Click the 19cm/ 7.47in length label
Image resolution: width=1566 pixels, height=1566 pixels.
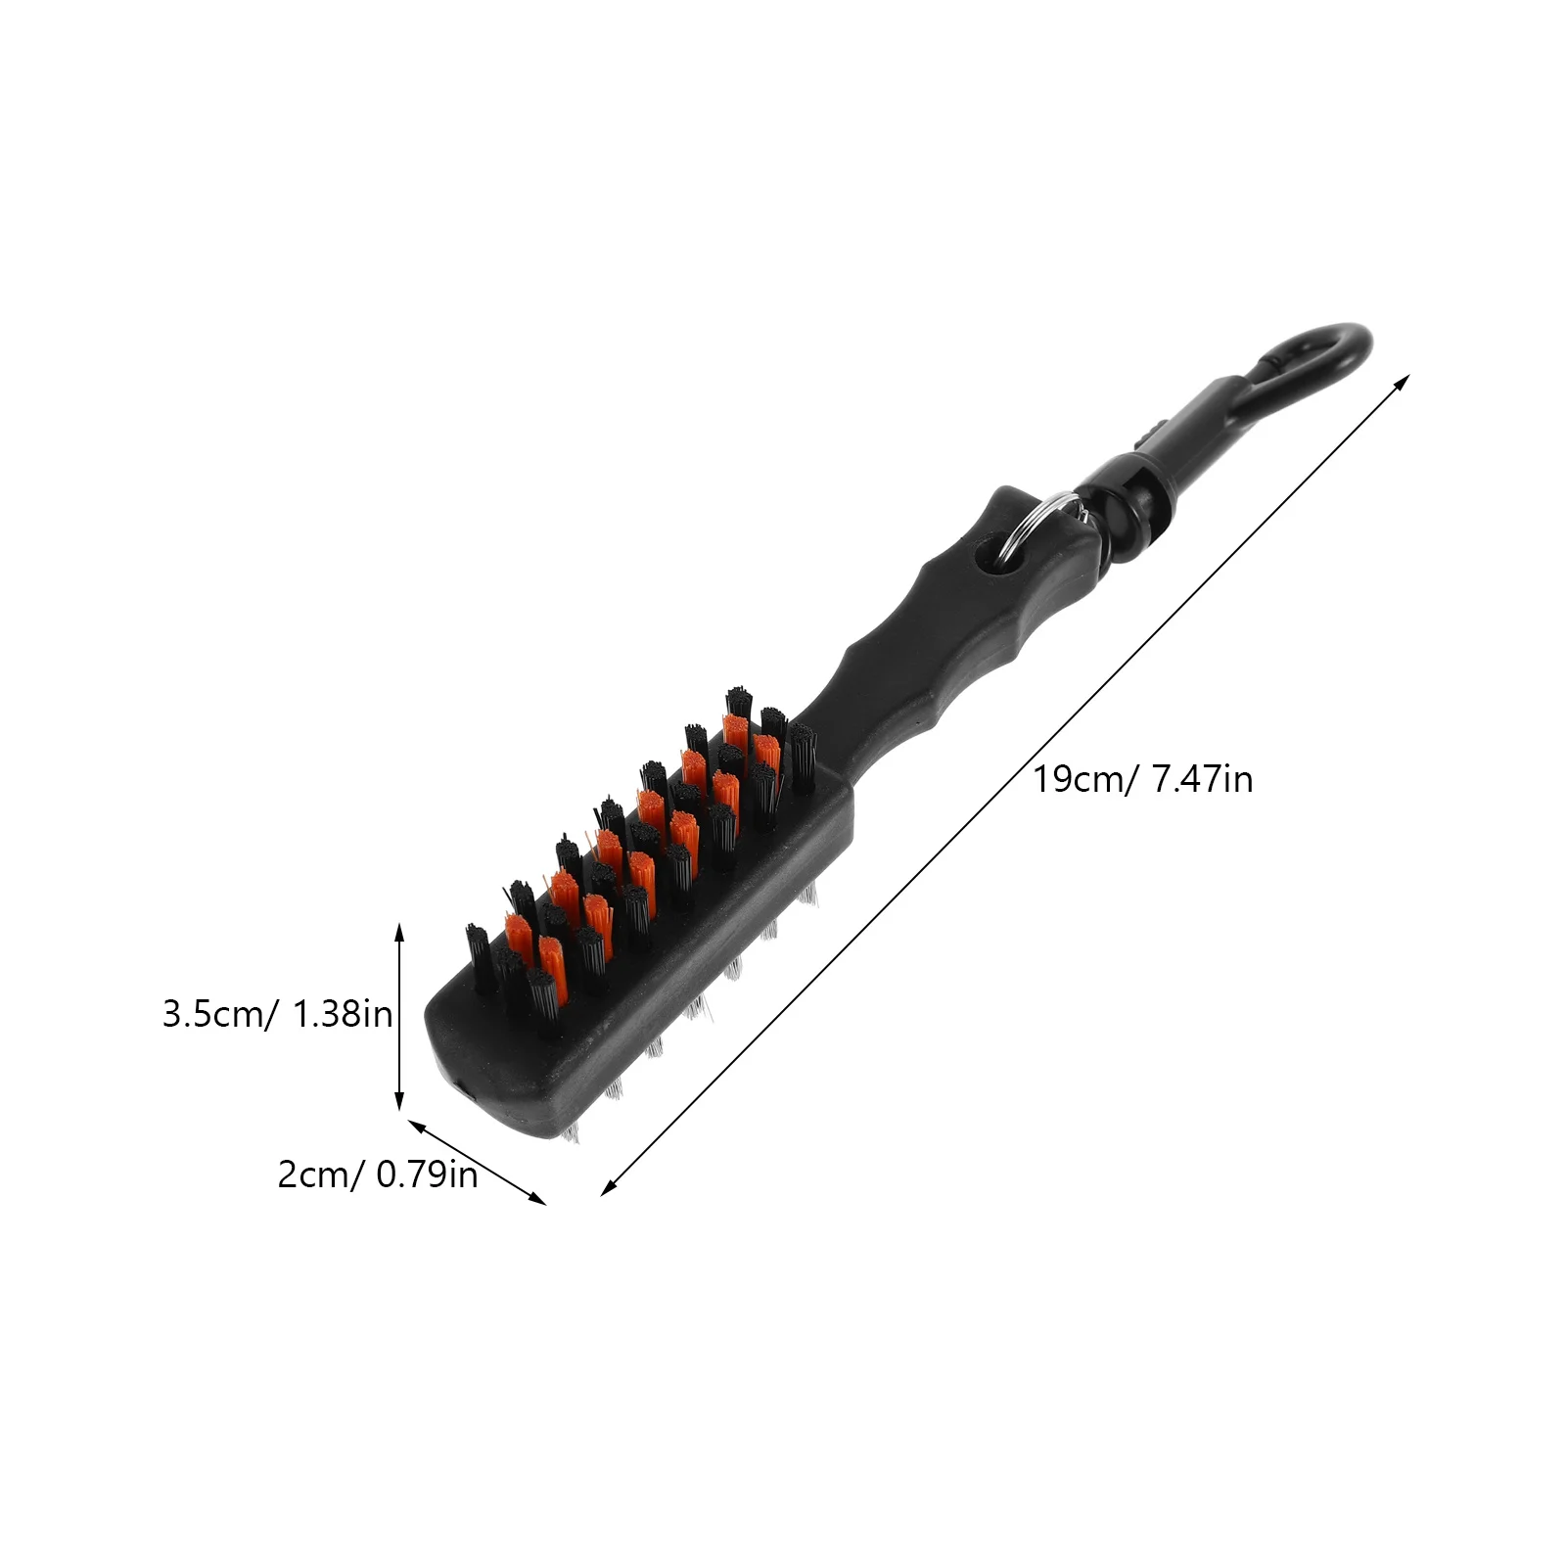1143,780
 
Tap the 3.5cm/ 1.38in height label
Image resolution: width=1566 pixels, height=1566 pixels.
277,1014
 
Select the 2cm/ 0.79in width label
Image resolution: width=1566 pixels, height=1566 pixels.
378,1174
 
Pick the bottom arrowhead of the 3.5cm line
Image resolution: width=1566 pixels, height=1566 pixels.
398,1100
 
